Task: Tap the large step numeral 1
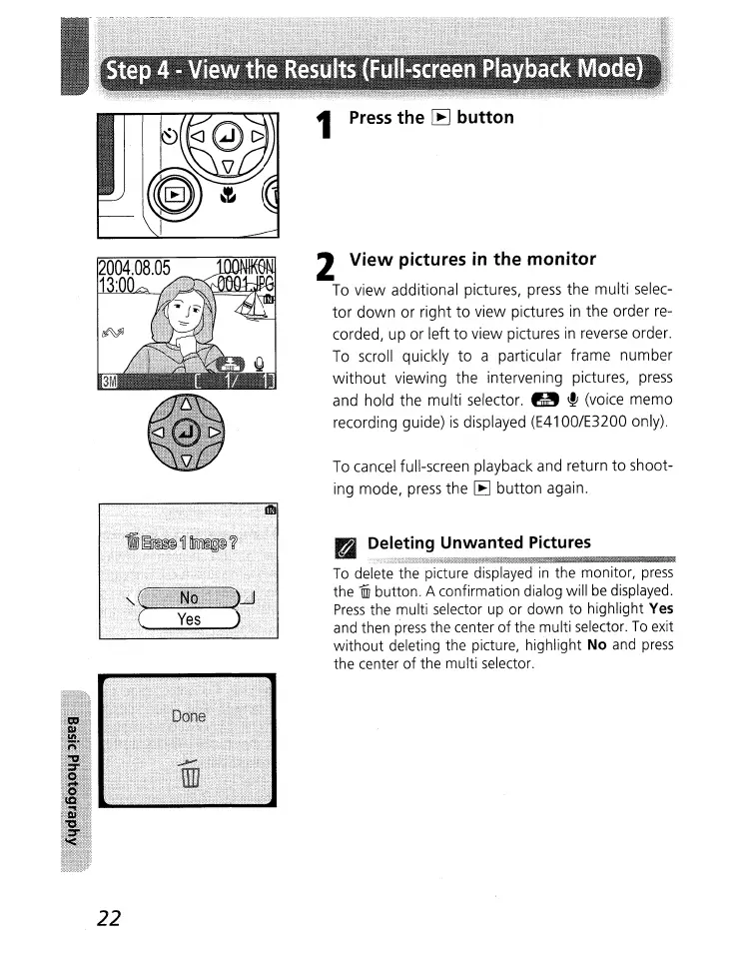tap(322, 129)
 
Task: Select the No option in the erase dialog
tap(188, 597)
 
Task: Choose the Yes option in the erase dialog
tap(188, 619)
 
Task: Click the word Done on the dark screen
tap(188, 716)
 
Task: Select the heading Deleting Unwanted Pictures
tap(478, 542)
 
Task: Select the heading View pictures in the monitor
tap(472, 260)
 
